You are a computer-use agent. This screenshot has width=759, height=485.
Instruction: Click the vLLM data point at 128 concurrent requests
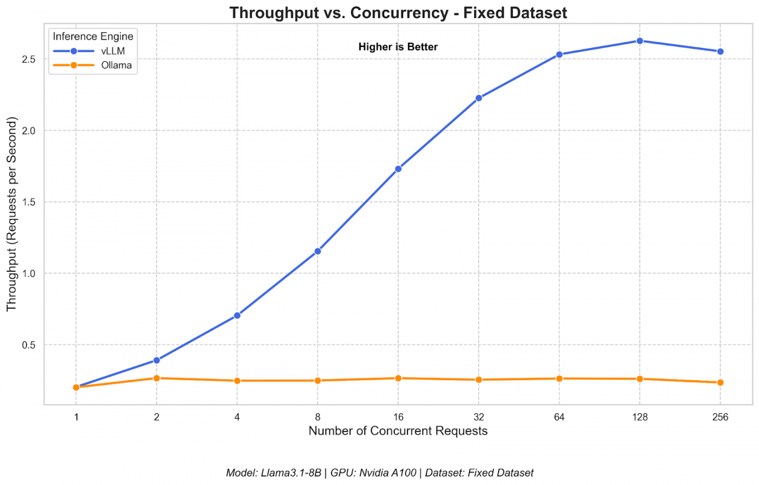639,41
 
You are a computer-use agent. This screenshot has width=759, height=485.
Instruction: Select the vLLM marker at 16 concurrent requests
398,169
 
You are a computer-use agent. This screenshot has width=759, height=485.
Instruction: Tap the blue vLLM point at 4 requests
237,315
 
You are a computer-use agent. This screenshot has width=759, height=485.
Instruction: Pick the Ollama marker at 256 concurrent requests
720,382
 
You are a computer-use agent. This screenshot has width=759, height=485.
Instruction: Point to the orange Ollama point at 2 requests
157,378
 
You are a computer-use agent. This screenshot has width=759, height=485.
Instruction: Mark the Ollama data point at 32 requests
479,380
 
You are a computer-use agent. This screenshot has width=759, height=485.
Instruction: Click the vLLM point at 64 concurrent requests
559,54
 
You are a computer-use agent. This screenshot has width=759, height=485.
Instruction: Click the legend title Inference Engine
93,36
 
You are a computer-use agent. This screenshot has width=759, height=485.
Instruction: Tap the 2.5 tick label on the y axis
29,60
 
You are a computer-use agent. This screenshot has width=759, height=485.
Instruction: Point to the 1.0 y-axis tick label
29,273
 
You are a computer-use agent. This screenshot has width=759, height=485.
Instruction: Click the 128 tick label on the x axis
639,417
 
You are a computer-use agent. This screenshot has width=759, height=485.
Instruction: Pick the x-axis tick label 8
317,417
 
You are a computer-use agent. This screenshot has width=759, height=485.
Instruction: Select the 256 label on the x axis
720,417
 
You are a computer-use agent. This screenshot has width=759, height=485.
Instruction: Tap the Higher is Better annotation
398,47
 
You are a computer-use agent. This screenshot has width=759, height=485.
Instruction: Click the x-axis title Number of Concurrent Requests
398,431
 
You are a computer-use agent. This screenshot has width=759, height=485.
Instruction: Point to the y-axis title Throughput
12,214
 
